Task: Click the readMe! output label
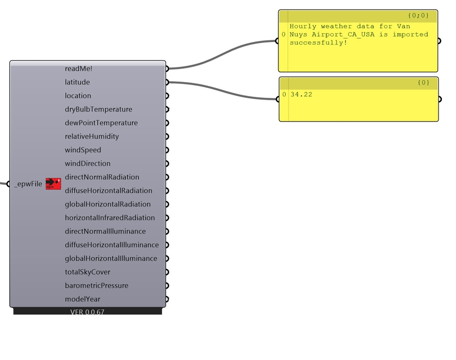(x=79, y=68)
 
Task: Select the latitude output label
(x=78, y=82)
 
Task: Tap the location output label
(x=78, y=96)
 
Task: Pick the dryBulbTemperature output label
(x=98, y=109)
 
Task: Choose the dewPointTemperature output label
(x=101, y=123)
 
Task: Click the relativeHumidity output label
(x=92, y=137)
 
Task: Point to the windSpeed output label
(x=83, y=150)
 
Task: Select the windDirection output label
(x=88, y=164)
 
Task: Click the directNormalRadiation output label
(x=102, y=177)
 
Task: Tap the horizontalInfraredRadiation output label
(x=110, y=218)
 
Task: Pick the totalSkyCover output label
(x=88, y=272)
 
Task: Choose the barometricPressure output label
(x=97, y=286)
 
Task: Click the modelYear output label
(x=83, y=299)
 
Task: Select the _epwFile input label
(x=28, y=184)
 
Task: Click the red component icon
(x=53, y=184)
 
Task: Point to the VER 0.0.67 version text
(x=87, y=312)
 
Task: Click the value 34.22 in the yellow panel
(x=301, y=94)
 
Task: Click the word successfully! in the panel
(x=318, y=43)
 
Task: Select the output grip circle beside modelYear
(x=167, y=299)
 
